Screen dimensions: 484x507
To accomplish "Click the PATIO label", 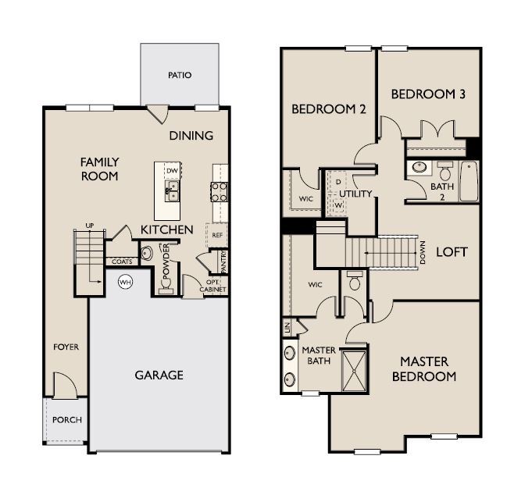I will pos(179,76).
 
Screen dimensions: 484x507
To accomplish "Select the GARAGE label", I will pos(159,375).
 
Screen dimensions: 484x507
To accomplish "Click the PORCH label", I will pos(66,419).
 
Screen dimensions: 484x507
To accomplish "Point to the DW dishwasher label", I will pos(170,170).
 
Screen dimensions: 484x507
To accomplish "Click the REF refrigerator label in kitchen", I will pos(218,233).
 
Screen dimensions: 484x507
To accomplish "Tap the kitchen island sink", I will pos(170,188).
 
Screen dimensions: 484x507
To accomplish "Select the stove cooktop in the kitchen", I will pos(219,191).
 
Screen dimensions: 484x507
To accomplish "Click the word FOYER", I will pos(66,347).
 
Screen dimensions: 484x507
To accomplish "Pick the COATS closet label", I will pos(121,262).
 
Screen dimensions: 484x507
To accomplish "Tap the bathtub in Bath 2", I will pos(469,180).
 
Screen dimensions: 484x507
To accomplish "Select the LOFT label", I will pos(452,252).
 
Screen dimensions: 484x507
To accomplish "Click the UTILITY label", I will pos(355,193).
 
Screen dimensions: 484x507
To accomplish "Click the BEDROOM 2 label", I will pos(328,110).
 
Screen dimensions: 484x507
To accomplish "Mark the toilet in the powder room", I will pos(148,252).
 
